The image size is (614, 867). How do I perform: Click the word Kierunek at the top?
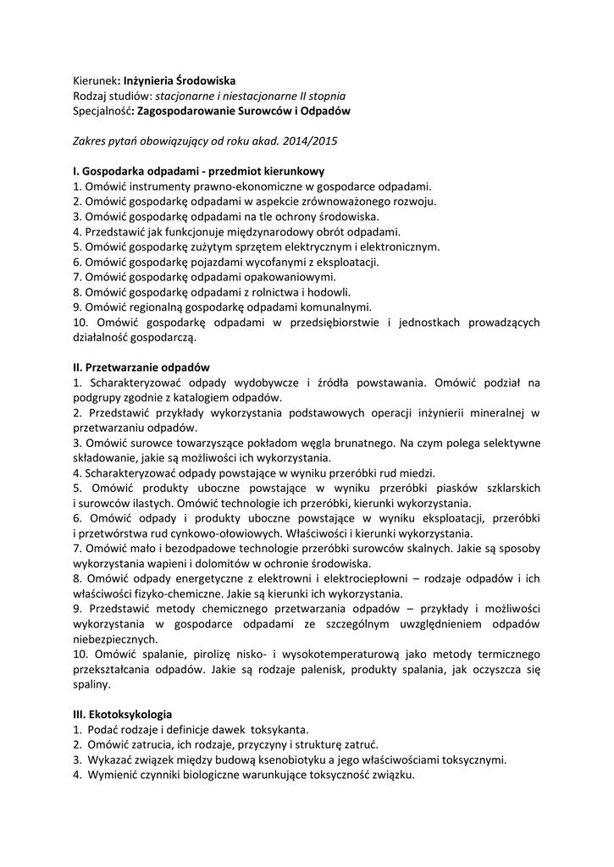click(93, 80)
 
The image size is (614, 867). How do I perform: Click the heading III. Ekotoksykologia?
click(123, 714)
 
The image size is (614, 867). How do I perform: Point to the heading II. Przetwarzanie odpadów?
click(141, 367)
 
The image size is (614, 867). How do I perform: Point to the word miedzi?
click(418, 472)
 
